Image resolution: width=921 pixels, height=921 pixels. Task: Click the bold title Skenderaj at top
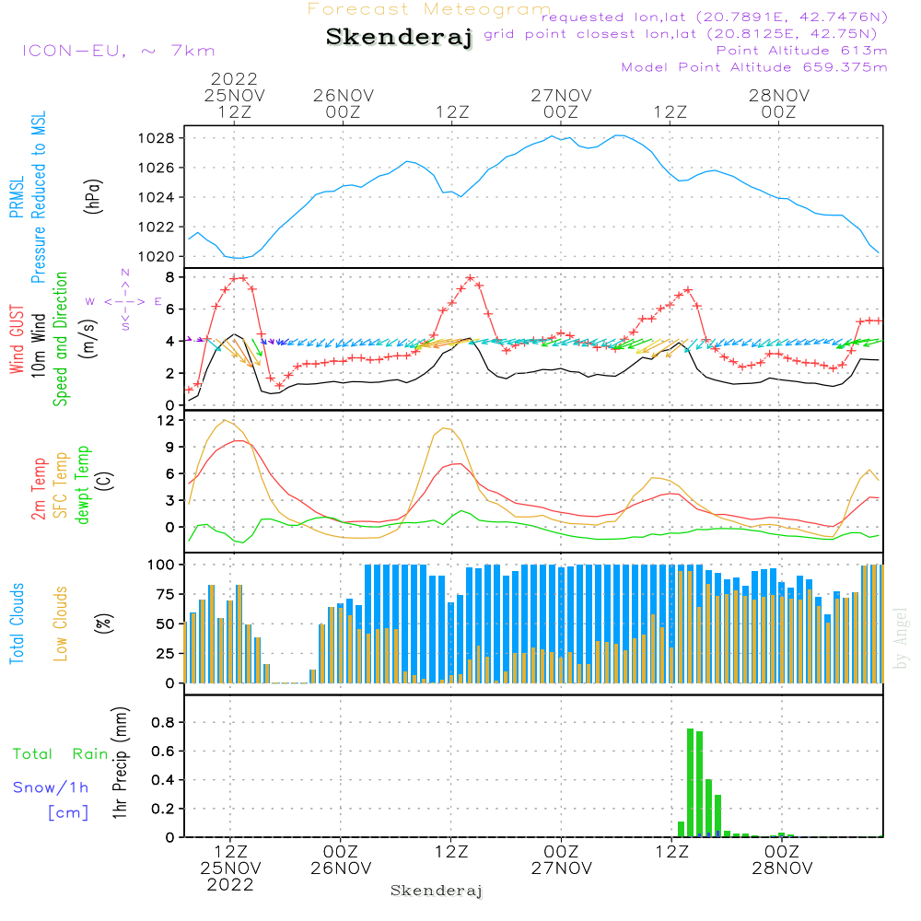pos(400,37)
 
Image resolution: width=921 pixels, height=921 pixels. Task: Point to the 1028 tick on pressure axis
pos(157,139)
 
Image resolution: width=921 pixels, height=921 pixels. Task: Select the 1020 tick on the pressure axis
pos(157,257)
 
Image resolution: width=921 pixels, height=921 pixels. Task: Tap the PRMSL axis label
pos(17,197)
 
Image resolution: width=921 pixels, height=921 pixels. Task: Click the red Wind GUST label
pos(17,339)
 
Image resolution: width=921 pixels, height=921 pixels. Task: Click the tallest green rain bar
pos(690,782)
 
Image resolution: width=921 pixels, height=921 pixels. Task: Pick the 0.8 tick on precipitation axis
pos(163,722)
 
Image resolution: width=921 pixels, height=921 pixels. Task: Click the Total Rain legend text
pos(61,754)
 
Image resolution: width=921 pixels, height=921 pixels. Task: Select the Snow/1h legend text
pos(51,787)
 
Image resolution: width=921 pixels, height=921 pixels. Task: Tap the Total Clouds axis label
pos(17,624)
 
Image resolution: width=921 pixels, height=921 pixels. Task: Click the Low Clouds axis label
pos(61,624)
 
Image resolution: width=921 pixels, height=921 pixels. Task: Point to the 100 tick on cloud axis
pos(160,565)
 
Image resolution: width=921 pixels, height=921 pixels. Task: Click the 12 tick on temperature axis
pos(166,421)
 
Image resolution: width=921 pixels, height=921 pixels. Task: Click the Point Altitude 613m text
pos(801,51)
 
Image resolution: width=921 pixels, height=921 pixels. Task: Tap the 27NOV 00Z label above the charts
pos(561,104)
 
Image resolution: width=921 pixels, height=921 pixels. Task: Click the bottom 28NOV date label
pos(782,869)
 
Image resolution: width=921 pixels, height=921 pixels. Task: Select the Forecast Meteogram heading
pos(429,9)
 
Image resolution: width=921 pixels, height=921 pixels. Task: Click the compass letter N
pos(125,273)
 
